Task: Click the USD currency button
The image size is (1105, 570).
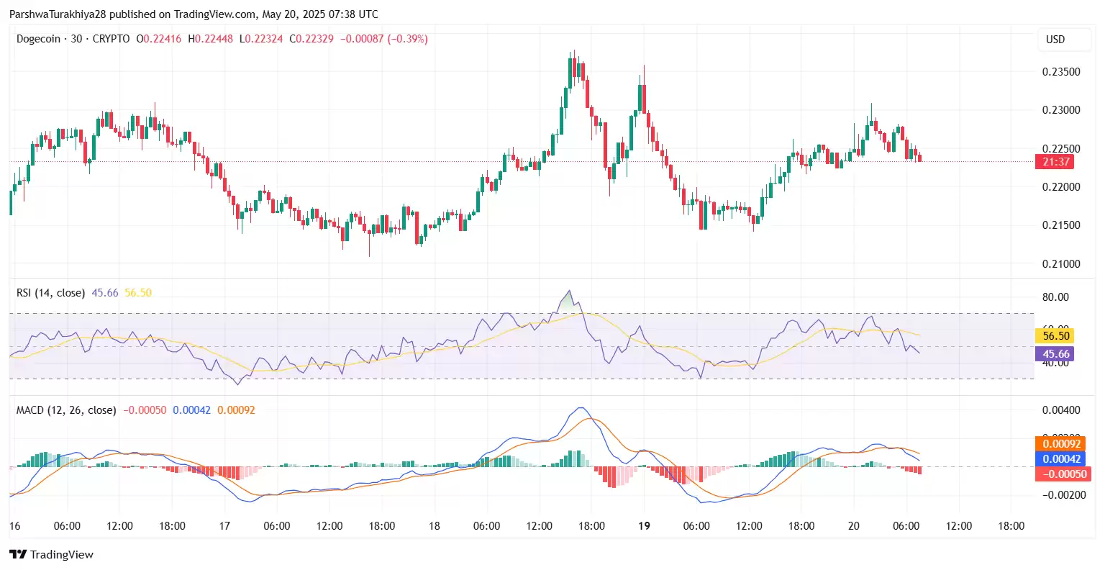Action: coord(1055,40)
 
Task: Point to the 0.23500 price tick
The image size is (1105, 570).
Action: coord(1061,72)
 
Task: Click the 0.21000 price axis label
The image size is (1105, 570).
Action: coord(1061,264)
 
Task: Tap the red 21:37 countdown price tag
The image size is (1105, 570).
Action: coord(1055,162)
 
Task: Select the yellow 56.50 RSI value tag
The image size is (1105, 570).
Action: coord(1055,336)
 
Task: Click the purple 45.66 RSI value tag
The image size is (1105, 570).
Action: coord(1055,354)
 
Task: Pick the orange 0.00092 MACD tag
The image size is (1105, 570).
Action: coord(1061,444)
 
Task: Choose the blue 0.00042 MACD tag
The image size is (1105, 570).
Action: coord(1061,459)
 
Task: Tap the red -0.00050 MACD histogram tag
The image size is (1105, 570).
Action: coord(1061,474)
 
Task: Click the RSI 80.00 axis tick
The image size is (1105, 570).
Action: coord(1055,297)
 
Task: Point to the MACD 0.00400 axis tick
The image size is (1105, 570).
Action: coord(1061,411)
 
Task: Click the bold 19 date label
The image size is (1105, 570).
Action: coord(644,526)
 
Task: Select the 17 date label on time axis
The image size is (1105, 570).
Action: coord(224,526)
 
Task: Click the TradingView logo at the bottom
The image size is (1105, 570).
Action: coord(52,555)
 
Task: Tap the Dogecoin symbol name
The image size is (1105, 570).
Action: coord(38,39)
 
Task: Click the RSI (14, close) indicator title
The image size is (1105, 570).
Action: coord(50,293)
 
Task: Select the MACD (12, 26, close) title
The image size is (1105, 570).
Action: coord(66,410)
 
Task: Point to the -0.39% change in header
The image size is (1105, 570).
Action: coord(408,39)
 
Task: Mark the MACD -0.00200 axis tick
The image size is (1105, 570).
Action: coord(1061,495)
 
